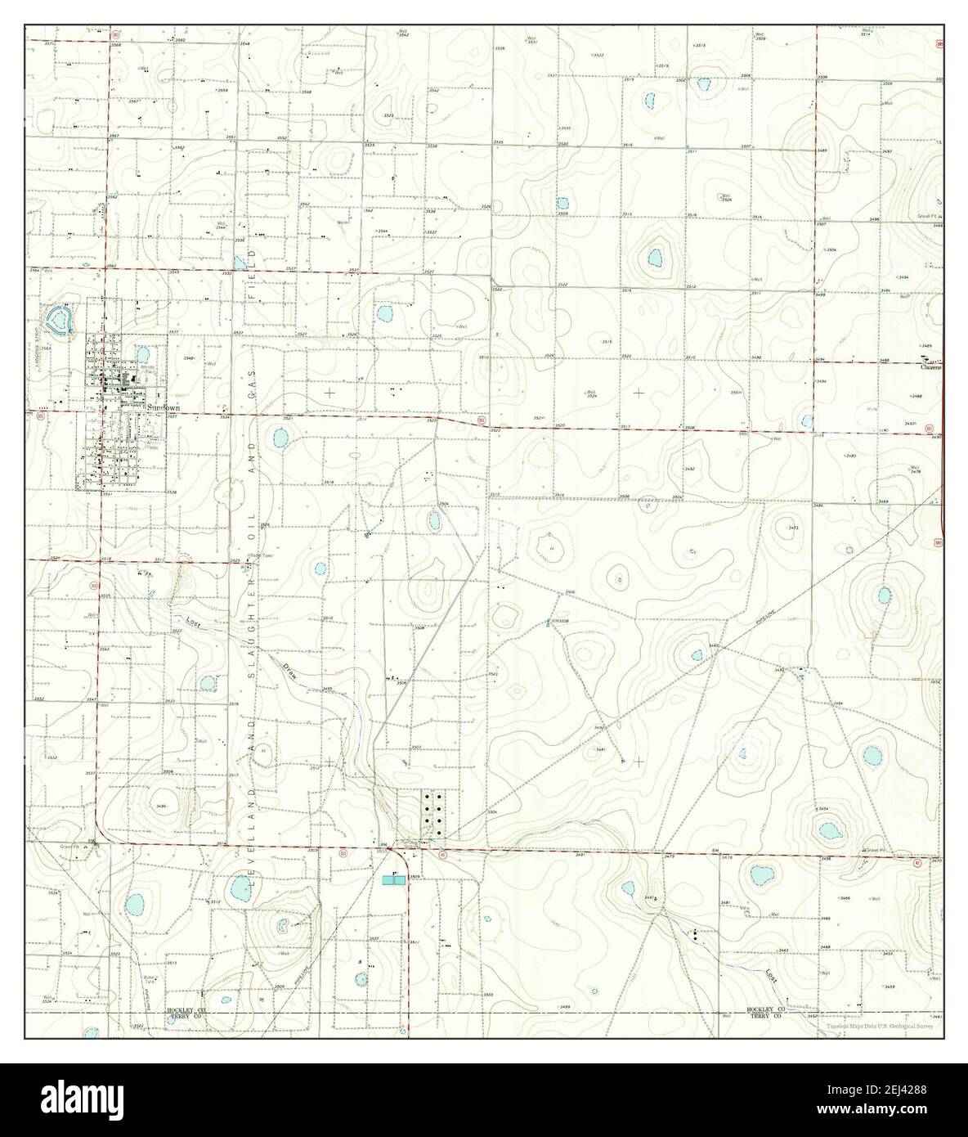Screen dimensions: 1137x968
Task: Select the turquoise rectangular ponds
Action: pyautogui.click(x=393, y=879)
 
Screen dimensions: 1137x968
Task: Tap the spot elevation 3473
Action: pyautogui.click(x=792, y=528)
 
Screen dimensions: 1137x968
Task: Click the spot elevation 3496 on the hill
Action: pyautogui.click(x=161, y=806)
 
